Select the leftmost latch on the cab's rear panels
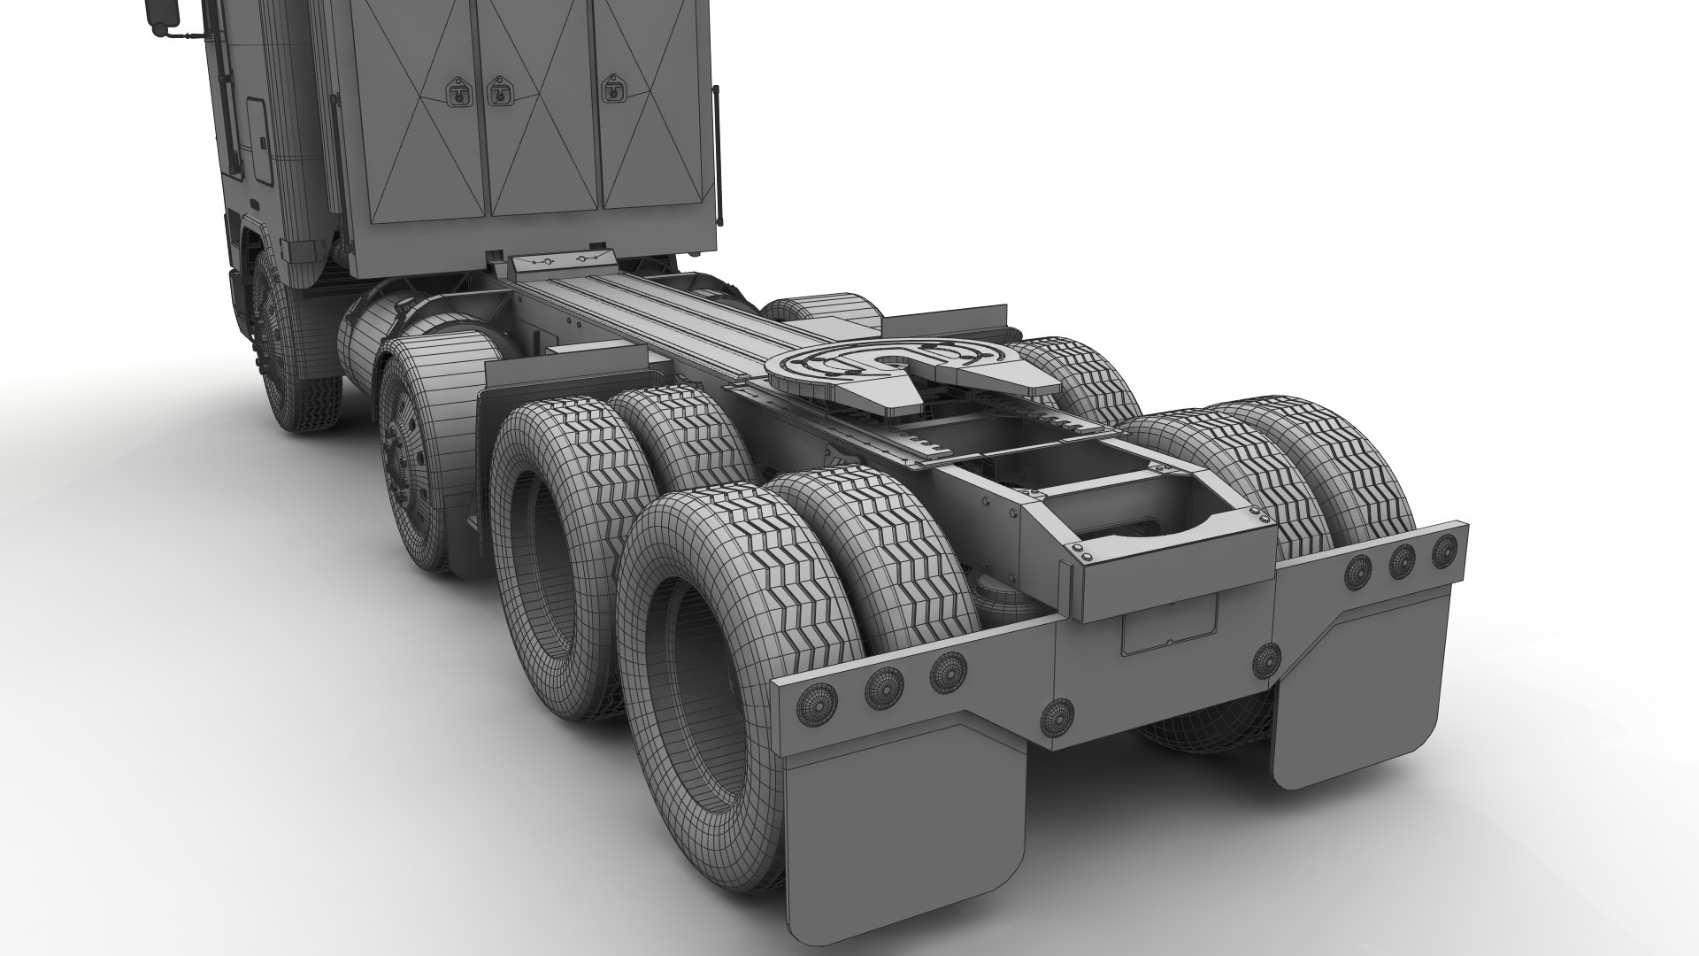click(x=457, y=90)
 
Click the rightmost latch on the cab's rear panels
click(x=610, y=89)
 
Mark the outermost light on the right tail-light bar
click(x=1444, y=548)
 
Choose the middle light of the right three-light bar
click(x=1401, y=560)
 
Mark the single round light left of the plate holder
click(x=1058, y=716)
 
